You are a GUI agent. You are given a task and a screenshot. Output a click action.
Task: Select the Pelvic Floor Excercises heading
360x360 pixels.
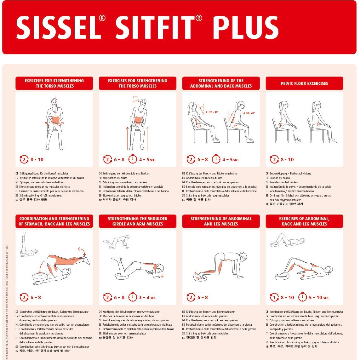coord(304,83)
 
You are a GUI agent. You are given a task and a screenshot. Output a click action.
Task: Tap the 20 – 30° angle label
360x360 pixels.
coord(213,112)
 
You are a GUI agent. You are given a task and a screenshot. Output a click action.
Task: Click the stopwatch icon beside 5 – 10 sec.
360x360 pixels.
coord(302,297)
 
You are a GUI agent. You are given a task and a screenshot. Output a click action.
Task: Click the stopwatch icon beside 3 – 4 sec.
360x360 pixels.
coord(133,297)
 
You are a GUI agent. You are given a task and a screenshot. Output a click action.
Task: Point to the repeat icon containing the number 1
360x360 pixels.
coord(274,297)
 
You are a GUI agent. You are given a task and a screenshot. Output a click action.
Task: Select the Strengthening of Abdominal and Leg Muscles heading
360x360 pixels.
coord(221,221)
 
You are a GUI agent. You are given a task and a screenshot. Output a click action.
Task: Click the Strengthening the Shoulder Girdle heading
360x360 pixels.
coord(138,221)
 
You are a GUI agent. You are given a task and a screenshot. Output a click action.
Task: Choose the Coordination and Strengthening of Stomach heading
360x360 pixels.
coord(54,221)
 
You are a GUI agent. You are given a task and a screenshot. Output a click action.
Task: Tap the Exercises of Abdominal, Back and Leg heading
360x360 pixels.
coord(304,221)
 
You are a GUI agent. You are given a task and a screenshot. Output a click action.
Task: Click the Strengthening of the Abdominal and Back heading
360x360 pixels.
coord(221,83)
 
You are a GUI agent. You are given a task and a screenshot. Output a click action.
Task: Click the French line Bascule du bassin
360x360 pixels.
coord(280,178)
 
